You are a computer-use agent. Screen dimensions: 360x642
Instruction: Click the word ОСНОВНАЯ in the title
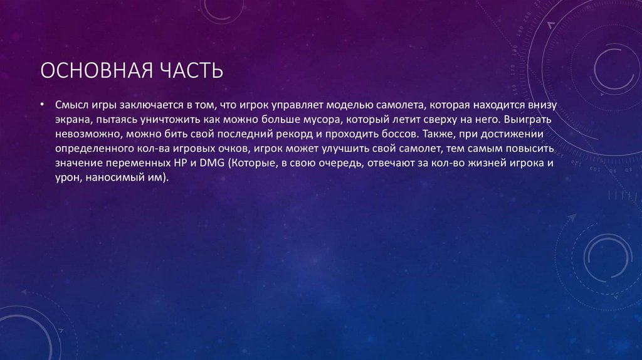(88, 70)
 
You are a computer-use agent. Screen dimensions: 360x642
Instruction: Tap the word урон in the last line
(67, 179)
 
